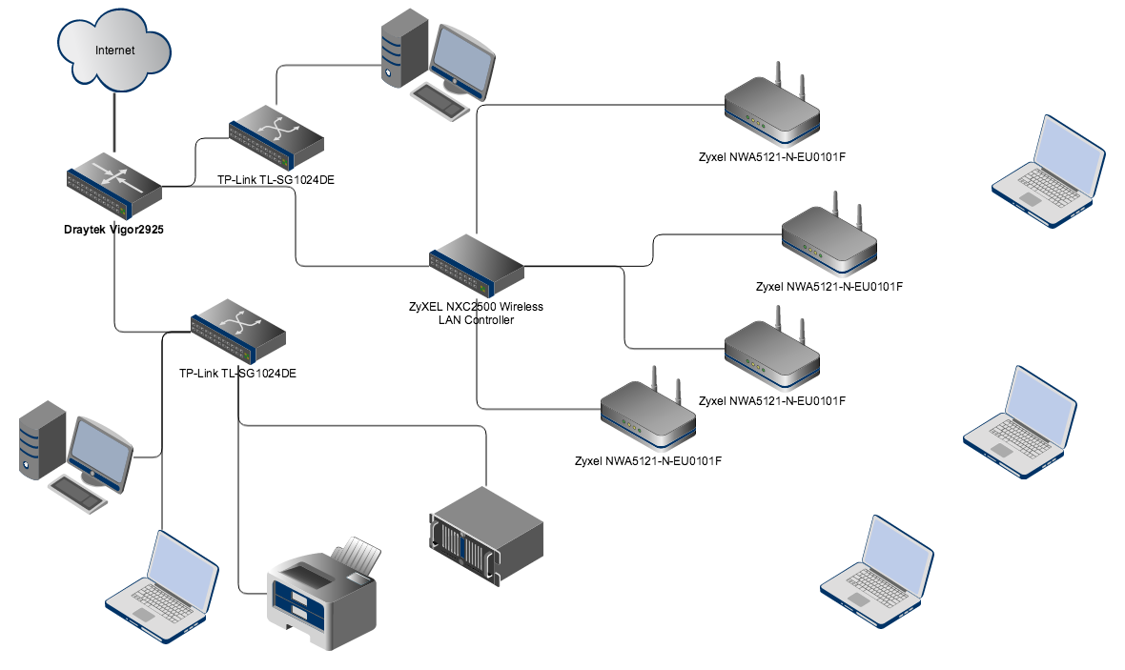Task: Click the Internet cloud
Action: pos(115,51)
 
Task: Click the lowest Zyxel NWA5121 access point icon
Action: pos(648,414)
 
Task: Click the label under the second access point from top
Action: pos(828,286)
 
